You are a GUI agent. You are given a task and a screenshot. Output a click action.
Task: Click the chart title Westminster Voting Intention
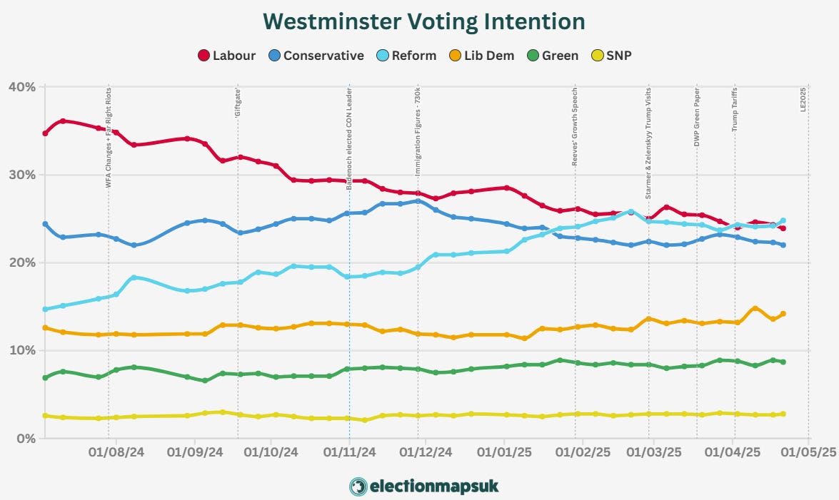pos(419,21)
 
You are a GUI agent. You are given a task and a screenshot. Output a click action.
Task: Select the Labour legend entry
pos(227,55)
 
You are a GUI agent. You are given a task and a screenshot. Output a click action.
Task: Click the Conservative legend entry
pos(316,55)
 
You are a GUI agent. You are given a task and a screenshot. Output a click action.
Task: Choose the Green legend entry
pos(553,55)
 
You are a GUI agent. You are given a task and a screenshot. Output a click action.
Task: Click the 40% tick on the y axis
pos(21,87)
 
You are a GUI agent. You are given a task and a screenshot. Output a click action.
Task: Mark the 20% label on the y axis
pos(21,262)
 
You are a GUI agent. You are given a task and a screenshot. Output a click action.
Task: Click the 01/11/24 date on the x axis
pos(349,452)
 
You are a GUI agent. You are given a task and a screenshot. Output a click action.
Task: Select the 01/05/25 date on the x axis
pos(809,452)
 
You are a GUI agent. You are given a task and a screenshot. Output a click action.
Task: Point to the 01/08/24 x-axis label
pos(109,452)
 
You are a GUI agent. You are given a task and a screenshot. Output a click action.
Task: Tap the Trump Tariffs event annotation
pos(735,110)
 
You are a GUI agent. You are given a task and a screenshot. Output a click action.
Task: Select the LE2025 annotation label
pos(803,99)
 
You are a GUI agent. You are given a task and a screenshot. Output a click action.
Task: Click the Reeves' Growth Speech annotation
pos(575,127)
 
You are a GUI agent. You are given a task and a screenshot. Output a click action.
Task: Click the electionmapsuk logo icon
pos(358,486)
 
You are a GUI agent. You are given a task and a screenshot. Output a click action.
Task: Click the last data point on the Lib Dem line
pos(783,314)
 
